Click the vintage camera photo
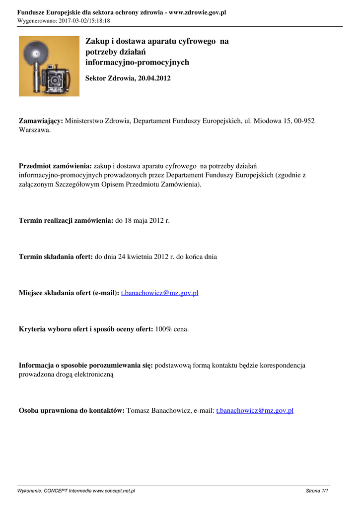click(x=49, y=66)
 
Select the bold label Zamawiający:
click(x=41, y=121)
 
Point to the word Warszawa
click(x=34, y=130)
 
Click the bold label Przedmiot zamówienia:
click(x=55, y=166)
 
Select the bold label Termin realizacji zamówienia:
click(x=66, y=220)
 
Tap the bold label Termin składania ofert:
click(x=56, y=256)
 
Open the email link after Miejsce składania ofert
click(x=159, y=293)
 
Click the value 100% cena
click(x=172, y=329)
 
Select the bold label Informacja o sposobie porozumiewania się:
click(x=86, y=365)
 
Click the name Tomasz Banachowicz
click(x=159, y=410)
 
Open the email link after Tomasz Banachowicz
click(x=255, y=410)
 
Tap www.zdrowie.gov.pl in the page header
click(x=198, y=12)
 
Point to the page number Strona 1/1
click(x=317, y=491)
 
